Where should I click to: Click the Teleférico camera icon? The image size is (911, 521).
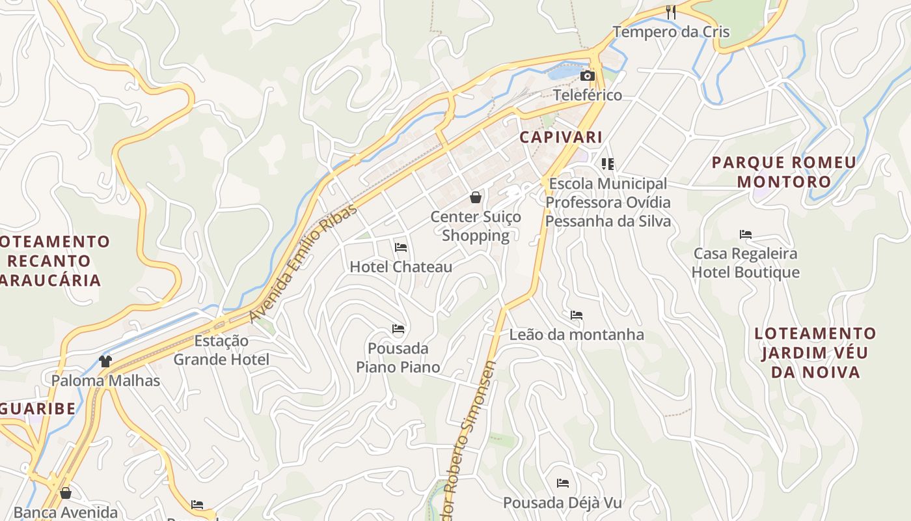(x=587, y=76)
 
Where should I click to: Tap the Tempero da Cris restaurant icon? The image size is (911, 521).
(x=671, y=12)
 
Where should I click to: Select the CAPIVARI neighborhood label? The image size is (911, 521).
(x=561, y=137)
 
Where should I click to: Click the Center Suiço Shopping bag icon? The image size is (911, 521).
(x=476, y=197)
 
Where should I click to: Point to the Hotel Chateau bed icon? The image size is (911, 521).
(x=401, y=247)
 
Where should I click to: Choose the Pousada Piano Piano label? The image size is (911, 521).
(x=398, y=358)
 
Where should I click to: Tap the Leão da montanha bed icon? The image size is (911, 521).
(x=577, y=315)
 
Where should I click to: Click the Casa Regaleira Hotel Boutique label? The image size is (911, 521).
(x=746, y=262)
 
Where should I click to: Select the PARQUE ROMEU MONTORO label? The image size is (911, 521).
(x=784, y=172)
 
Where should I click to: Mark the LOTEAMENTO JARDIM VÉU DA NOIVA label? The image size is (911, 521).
(x=815, y=352)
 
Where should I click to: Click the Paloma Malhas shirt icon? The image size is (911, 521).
(x=105, y=361)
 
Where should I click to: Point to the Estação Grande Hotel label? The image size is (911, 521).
(x=221, y=350)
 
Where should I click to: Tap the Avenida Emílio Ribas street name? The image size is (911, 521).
(x=303, y=263)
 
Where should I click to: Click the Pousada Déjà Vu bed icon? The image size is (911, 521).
(x=563, y=483)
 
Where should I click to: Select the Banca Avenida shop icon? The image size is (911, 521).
(x=65, y=493)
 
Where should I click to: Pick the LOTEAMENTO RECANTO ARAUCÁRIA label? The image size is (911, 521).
(x=52, y=261)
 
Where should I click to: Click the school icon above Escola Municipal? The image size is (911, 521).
(x=608, y=164)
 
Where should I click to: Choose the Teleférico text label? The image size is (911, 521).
(x=588, y=95)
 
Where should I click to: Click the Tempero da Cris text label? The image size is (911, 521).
(x=671, y=32)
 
